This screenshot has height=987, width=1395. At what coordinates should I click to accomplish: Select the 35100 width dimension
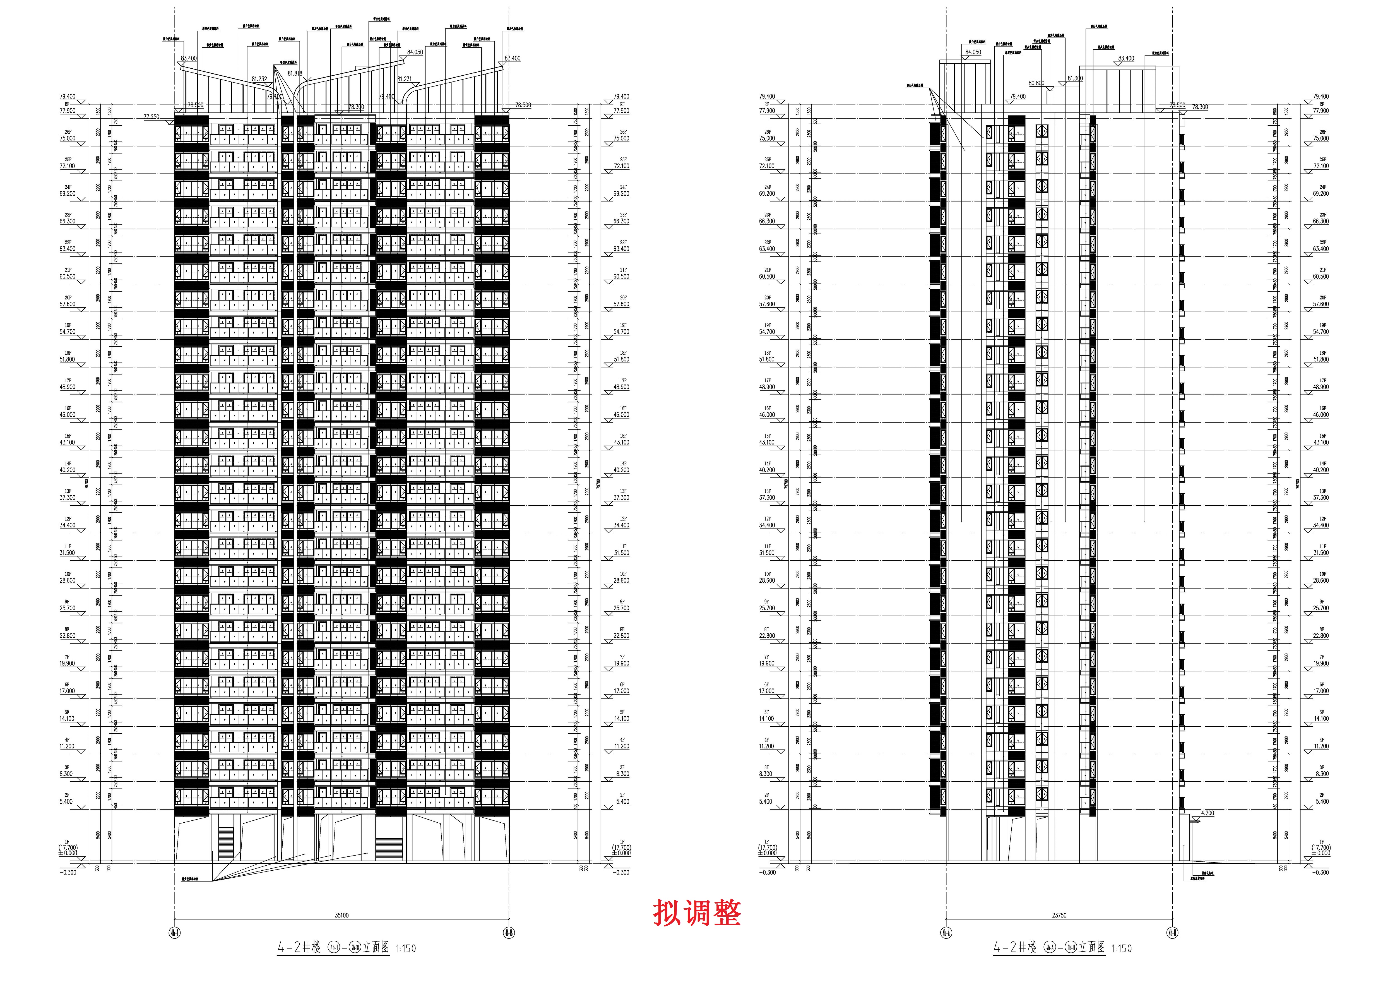point(341,915)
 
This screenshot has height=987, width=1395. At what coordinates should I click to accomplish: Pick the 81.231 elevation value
point(404,79)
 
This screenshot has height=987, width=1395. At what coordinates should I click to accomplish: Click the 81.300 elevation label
point(1074,78)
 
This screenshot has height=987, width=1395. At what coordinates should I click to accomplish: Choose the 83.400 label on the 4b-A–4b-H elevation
point(1126,59)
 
